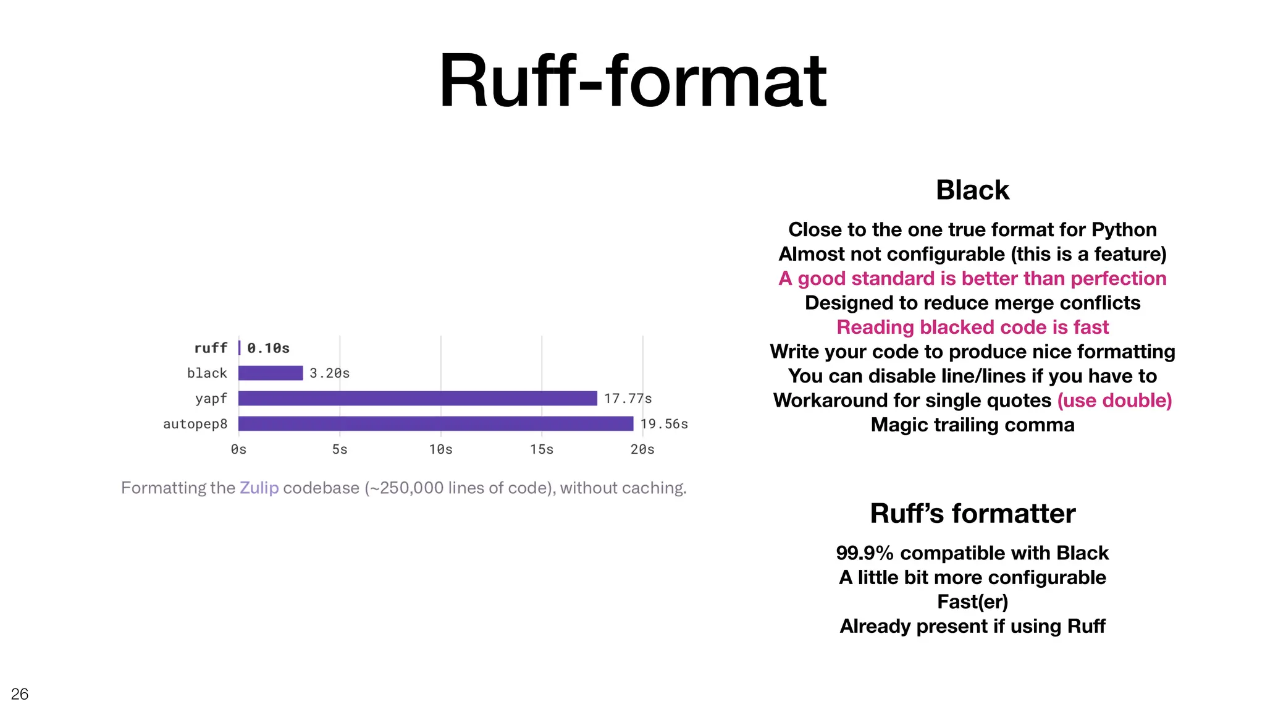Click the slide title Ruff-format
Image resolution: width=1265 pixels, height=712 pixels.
click(632, 82)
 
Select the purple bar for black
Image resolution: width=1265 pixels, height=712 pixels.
click(271, 373)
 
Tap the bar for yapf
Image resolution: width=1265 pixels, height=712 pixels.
click(418, 399)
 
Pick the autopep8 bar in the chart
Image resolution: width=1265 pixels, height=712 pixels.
click(435, 424)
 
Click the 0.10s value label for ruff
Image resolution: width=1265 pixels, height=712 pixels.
click(268, 349)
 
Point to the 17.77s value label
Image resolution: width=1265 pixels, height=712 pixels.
click(628, 399)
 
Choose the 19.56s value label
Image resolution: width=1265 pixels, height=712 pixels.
click(664, 424)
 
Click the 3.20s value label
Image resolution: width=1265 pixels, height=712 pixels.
click(329, 373)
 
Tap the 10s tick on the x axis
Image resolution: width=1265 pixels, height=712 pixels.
click(440, 449)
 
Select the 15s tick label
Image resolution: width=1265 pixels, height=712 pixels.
click(542, 449)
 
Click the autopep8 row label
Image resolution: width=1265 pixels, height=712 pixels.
click(195, 424)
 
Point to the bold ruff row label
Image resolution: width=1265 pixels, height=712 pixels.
click(211, 349)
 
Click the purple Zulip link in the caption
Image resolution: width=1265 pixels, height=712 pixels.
click(259, 488)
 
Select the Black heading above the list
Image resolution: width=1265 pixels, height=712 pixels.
click(972, 190)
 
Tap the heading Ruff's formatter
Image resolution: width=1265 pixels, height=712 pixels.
click(972, 514)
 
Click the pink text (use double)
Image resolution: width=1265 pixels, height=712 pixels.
click(1114, 400)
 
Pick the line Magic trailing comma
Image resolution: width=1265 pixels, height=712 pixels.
click(972, 425)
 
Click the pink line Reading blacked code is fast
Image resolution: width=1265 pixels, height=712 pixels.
click(972, 327)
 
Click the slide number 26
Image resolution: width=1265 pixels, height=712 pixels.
click(20, 694)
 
